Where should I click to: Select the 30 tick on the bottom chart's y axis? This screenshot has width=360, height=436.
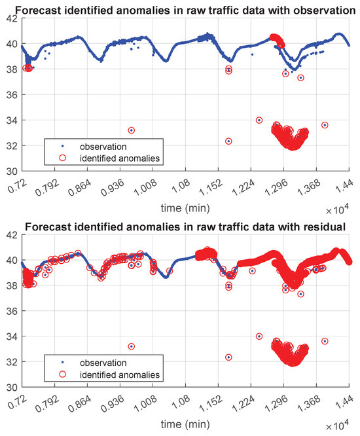[12, 387]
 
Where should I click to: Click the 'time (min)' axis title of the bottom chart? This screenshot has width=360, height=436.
[186, 423]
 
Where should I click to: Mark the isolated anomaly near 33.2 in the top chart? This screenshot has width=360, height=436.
[131, 130]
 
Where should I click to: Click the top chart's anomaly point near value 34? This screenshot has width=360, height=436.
[259, 120]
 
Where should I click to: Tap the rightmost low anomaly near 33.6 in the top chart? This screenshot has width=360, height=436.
[325, 125]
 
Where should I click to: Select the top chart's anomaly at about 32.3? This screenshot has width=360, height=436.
[228, 141]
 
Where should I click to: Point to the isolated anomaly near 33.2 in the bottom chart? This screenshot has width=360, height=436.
[131, 346]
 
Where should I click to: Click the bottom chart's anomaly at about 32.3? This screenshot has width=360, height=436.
[228, 357]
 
